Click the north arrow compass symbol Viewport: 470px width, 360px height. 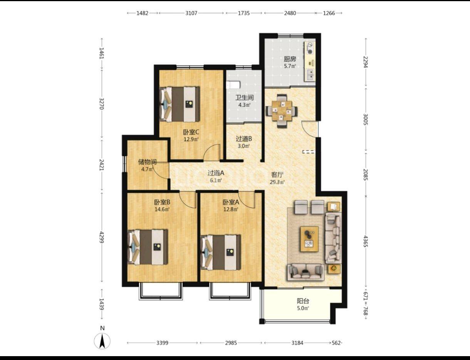[102, 341]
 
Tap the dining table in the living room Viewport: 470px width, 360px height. [282, 111]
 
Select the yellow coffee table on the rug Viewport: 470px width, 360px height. [309, 239]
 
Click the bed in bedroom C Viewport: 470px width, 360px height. [180, 104]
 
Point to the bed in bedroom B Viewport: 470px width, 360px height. [148, 247]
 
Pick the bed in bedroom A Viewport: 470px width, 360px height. [221, 253]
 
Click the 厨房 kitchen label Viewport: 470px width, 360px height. [290, 59]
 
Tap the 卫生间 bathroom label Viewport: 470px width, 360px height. [244, 98]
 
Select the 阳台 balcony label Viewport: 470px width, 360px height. [303, 301]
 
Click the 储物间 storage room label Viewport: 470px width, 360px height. [147, 162]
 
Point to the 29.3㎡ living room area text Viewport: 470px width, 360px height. [277, 182]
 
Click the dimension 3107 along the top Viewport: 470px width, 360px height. [191, 13]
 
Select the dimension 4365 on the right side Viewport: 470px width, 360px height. [365, 241]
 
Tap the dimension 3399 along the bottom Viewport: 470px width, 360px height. [162, 343]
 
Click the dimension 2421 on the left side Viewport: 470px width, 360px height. [102, 165]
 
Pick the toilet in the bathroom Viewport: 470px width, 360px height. [233, 85]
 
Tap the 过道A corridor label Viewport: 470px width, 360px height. [216, 173]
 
